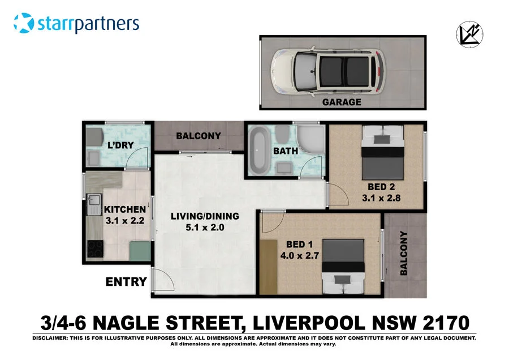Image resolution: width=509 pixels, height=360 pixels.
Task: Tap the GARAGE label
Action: [341, 102]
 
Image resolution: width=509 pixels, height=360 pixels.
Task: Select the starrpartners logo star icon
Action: [24, 24]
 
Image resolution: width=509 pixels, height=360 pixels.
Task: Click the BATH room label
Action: [285, 151]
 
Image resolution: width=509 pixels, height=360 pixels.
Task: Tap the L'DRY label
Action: [120, 145]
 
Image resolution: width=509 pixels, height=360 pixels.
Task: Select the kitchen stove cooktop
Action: [94, 247]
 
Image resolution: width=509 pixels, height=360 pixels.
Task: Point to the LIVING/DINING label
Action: [205, 216]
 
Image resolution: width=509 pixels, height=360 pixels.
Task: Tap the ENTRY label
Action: [127, 281]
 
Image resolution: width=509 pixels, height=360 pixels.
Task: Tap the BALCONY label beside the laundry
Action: [198, 136]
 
